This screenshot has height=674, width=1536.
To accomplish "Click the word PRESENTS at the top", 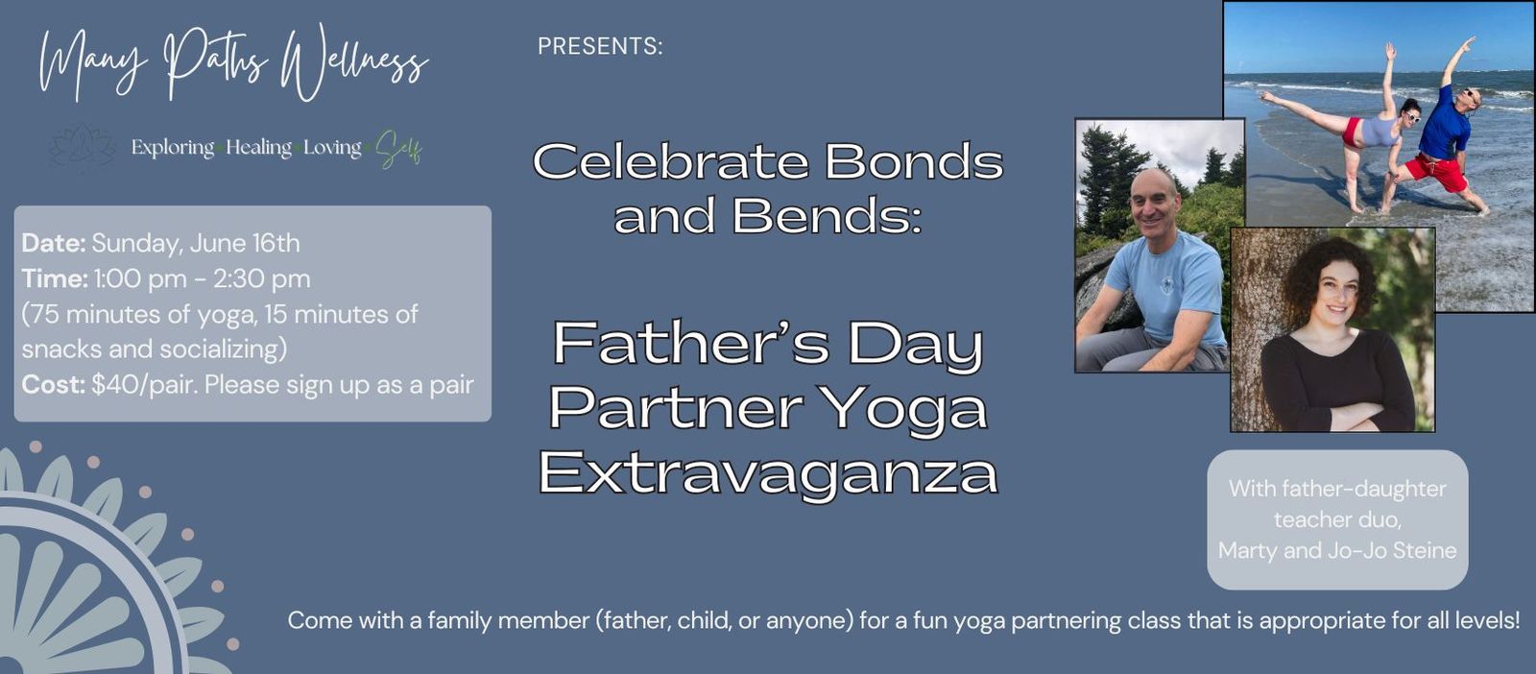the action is [x=600, y=47].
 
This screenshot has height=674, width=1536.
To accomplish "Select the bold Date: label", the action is [x=54, y=244].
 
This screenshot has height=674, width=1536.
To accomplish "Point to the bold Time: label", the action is [x=55, y=279].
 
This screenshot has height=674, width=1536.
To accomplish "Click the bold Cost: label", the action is [x=54, y=385].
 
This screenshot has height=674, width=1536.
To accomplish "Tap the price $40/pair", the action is [x=145, y=385].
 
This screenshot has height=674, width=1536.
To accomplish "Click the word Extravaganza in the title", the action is [x=769, y=473].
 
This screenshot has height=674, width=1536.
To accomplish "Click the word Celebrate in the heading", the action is [x=671, y=162].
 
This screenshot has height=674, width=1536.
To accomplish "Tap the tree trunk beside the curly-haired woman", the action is [x=1254, y=329].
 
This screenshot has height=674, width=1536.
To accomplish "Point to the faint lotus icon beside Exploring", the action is [x=83, y=147].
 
